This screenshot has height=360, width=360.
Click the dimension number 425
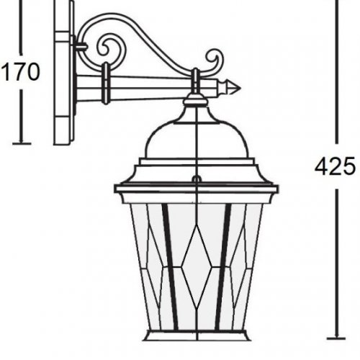coord(335,166)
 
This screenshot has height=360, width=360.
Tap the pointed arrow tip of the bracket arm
coord(237,89)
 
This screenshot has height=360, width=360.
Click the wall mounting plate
coord(63,72)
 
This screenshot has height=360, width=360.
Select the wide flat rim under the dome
coord(195,189)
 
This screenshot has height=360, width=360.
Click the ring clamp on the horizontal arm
coord(107,83)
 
